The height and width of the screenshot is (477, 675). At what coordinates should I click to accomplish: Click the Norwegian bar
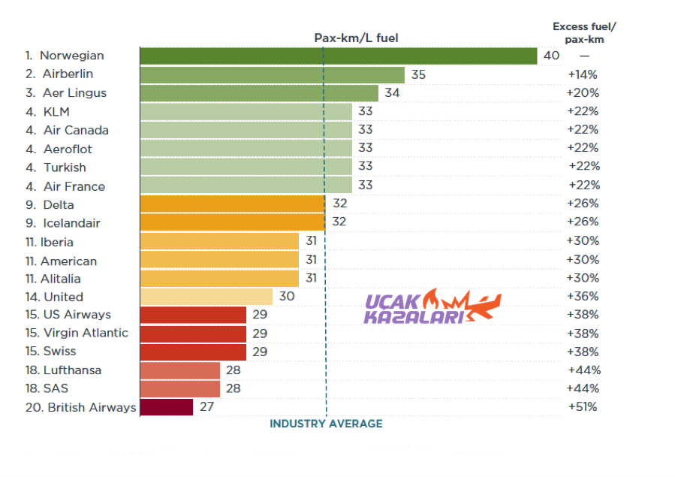(x=338, y=56)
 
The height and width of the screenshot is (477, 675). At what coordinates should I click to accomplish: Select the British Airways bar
(x=167, y=407)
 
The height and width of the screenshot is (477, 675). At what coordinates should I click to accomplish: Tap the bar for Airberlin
(x=272, y=74)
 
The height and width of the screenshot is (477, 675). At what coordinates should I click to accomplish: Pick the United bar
(x=206, y=296)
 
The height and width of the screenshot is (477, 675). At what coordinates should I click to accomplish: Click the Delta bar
(x=232, y=204)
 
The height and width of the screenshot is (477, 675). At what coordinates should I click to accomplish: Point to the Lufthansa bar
(x=180, y=370)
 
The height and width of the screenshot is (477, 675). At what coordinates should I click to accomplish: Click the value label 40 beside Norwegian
(x=551, y=56)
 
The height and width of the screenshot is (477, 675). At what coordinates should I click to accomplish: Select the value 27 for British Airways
(x=207, y=407)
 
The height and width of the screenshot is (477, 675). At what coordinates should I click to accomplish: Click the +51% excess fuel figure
(x=583, y=407)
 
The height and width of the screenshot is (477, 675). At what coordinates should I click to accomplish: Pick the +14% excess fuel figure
(x=583, y=74)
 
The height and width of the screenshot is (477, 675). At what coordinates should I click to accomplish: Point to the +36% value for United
(x=583, y=296)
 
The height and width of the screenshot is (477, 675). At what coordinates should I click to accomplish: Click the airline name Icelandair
(x=71, y=223)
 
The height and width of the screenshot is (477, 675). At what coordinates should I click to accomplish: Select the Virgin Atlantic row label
(x=86, y=333)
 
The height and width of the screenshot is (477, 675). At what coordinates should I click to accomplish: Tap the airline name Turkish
(x=65, y=167)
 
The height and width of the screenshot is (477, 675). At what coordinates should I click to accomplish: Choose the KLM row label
(x=56, y=111)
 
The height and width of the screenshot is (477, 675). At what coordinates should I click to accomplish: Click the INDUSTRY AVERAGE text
(x=326, y=424)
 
